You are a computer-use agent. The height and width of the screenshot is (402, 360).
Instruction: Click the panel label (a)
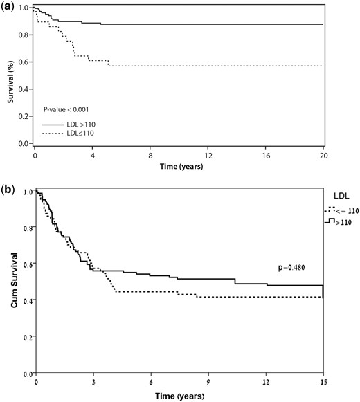tap(8, 6)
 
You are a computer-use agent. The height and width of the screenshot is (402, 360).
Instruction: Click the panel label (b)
tap(8, 190)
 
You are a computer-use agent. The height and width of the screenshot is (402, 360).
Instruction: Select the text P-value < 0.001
tap(66, 110)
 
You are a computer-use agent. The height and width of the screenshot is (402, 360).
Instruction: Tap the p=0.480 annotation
tap(291, 268)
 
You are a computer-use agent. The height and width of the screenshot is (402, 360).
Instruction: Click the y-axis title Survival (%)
tap(10, 82)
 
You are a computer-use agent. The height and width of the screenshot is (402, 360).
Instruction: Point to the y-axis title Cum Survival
tap(15, 280)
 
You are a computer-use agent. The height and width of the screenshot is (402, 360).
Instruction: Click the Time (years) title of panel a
tap(181, 167)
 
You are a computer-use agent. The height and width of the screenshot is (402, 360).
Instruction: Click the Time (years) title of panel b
tap(180, 396)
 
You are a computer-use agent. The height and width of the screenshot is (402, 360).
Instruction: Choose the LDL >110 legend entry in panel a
tap(69, 125)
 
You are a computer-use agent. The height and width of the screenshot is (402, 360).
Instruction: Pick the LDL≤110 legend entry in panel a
tap(68, 134)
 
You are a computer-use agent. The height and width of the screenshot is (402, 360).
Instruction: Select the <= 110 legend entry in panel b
tap(341, 210)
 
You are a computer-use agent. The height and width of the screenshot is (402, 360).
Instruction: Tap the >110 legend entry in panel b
tap(338, 221)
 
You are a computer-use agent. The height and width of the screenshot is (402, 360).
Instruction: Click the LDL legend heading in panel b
tap(341, 196)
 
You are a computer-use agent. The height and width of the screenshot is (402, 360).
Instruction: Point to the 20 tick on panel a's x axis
tap(324, 156)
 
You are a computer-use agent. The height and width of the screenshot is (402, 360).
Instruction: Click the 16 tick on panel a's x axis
tap(266, 156)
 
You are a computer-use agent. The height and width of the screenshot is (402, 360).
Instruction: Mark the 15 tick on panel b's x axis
tap(324, 382)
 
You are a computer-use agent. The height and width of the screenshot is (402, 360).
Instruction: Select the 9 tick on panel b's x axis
tap(208, 382)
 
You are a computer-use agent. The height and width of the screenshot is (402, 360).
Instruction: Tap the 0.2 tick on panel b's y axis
tap(28, 338)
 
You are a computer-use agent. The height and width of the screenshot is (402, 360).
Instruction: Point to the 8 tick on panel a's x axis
tap(150, 156)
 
